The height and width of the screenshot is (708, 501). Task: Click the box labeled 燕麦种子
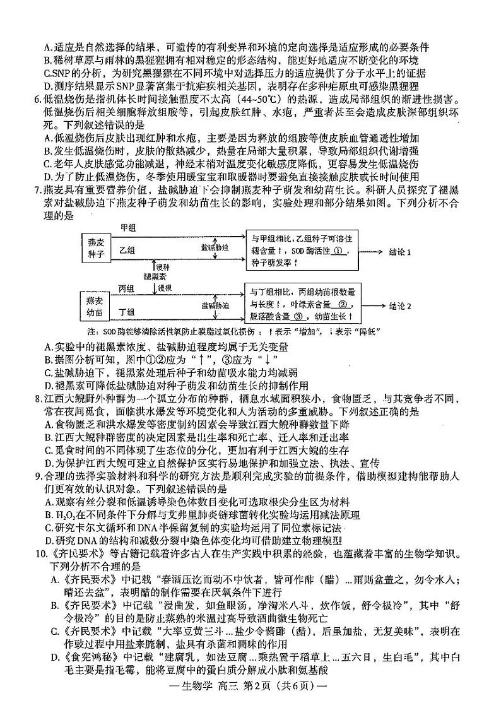(x=96, y=251)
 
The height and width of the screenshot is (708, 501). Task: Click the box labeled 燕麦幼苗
(x=95, y=305)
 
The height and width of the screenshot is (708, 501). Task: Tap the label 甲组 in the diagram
(x=127, y=227)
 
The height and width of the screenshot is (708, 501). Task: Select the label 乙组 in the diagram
(x=127, y=251)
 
